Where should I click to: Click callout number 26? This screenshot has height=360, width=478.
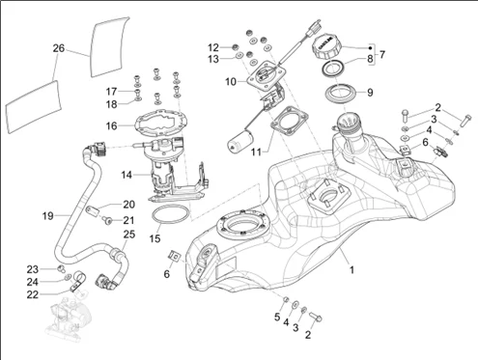[x=59, y=48]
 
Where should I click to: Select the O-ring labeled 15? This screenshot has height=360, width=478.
[x=170, y=214]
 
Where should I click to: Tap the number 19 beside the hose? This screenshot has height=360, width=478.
[x=48, y=216]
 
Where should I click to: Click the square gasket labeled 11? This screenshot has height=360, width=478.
[x=289, y=123]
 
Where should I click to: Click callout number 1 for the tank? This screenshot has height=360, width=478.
[x=351, y=269]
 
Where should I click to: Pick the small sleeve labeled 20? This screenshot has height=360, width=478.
[x=93, y=211]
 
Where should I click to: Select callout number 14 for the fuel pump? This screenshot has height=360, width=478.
[x=127, y=175]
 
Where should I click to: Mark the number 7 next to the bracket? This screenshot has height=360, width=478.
[x=381, y=54]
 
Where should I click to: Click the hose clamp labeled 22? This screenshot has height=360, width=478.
[x=77, y=281]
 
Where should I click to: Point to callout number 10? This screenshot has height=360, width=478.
[x=231, y=82]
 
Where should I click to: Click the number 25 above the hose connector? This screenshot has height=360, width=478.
[x=129, y=234]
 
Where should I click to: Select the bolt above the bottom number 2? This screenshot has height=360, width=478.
[x=316, y=317]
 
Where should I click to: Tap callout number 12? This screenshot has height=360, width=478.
[x=213, y=47]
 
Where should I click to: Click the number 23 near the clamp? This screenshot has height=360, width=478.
[x=32, y=269]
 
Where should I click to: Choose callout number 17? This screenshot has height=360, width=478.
[x=111, y=92]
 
